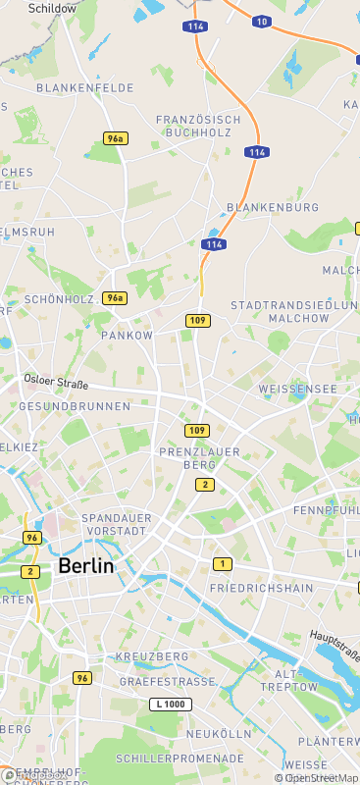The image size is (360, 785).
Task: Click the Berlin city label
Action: [x=85, y=566]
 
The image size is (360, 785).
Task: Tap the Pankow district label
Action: [x=128, y=336]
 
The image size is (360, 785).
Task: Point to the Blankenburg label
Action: [x=273, y=208]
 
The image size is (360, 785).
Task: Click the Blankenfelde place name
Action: [x=84, y=88]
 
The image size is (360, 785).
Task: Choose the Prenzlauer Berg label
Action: [x=194, y=457]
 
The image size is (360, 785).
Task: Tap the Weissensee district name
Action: [x=297, y=390]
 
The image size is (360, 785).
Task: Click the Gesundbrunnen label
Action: [x=75, y=406]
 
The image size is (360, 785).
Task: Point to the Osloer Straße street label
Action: [x=56, y=384]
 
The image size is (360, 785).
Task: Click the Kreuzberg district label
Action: [x=152, y=656]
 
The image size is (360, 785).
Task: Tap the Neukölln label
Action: [x=220, y=734]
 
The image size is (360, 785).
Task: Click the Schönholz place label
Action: [x=59, y=299]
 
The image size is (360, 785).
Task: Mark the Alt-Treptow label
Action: [x=295, y=681]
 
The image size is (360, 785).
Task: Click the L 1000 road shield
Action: [x=171, y=705]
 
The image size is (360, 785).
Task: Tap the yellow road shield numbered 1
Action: [x=223, y=563]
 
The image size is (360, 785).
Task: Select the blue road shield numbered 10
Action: [x=260, y=21]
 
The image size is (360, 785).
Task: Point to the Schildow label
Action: [x=52, y=8]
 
